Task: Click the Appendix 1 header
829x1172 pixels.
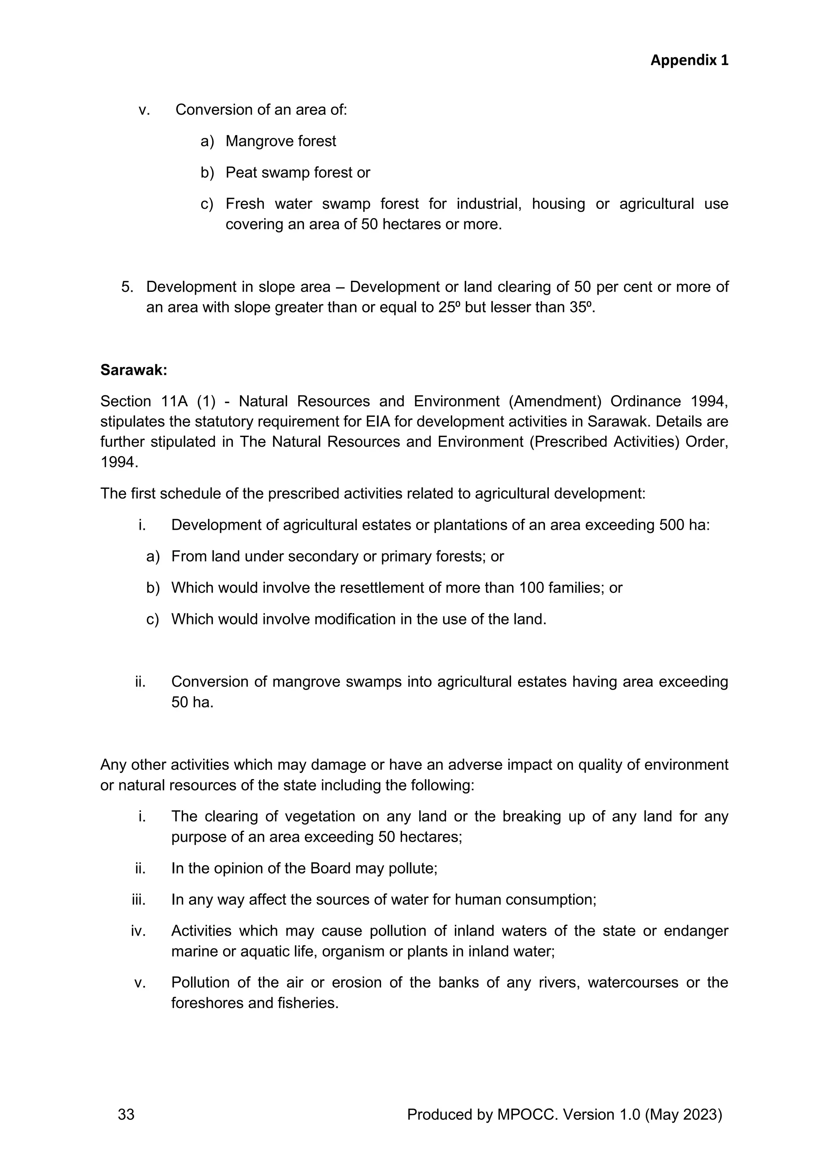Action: (x=689, y=60)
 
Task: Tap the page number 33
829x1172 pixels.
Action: (x=126, y=1114)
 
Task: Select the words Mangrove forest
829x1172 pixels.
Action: (x=281, y=141)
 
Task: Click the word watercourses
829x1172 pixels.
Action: (x=633, y=983)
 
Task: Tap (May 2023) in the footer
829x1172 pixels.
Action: (x=684, y=1114)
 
